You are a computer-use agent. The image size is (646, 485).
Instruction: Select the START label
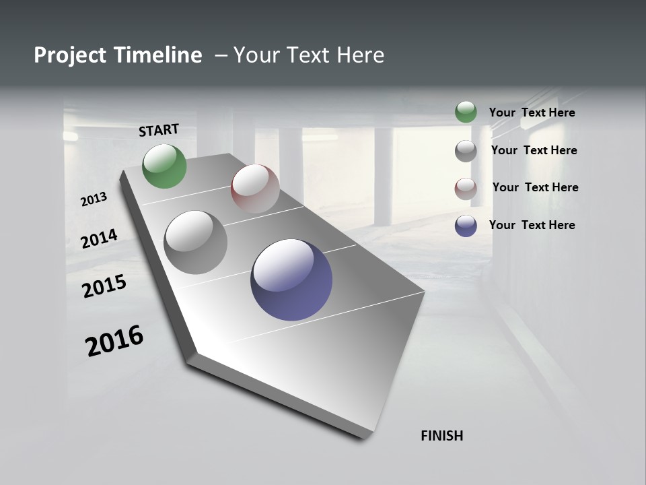pos(159,130)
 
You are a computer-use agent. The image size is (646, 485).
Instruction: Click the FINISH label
pos(441,436)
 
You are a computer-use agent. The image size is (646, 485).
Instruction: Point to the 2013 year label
pos(94,199)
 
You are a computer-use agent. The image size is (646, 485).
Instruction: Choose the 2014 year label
pos(99,238)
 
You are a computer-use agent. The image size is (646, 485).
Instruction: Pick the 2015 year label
pos(104,286)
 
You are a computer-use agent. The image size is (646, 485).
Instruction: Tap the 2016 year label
pos(114,341)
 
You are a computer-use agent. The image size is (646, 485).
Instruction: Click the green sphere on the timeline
pos(165,166)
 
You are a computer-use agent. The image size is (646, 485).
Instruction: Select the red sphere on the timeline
pos(255,189)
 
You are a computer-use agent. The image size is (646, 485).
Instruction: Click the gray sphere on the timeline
pos(196,243)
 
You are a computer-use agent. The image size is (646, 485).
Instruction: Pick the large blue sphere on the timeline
pos(291,280)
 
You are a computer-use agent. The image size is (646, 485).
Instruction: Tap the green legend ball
pos(466,112)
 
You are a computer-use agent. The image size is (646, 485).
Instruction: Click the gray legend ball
pos(466,151)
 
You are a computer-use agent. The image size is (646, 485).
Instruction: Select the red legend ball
pos(466,189)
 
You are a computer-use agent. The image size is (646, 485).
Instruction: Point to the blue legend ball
pos(466,226)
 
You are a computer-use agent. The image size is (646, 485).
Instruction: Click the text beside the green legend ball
pos(532,112)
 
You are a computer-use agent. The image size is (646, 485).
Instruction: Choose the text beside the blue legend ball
pos(532,225)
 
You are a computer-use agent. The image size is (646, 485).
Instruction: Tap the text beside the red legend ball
pos(535,187)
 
